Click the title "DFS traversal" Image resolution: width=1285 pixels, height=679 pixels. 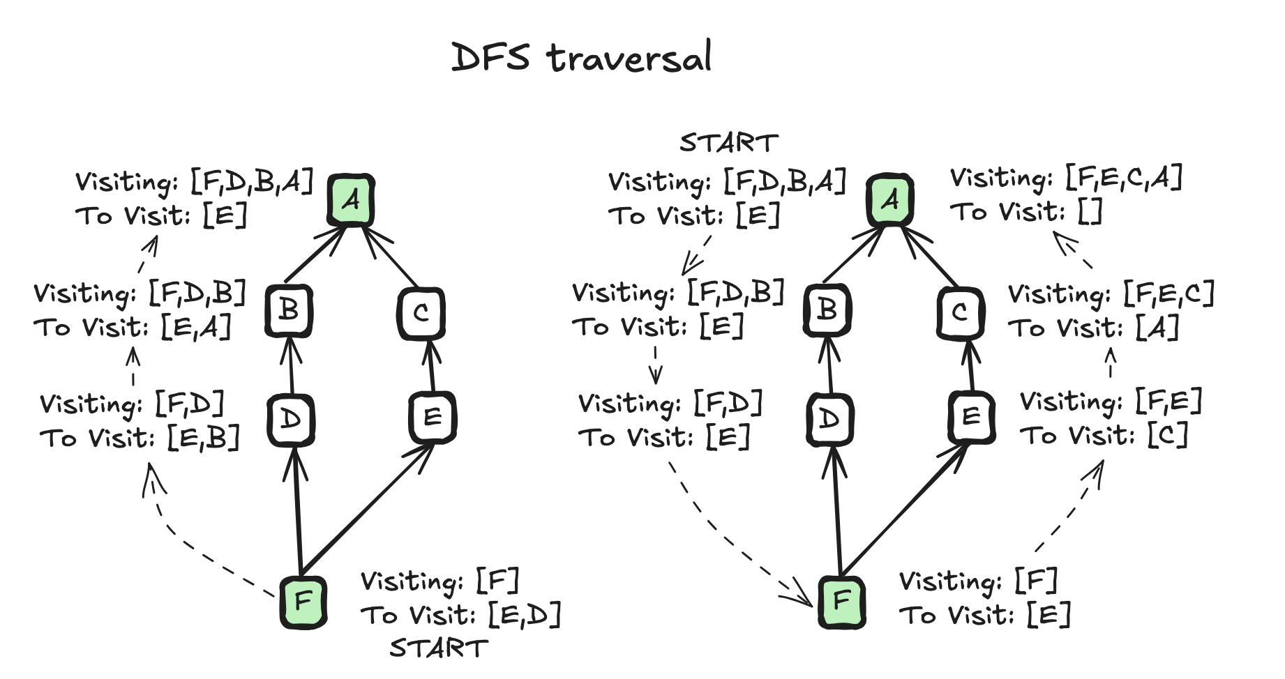point(581,57)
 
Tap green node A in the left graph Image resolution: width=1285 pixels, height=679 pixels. point(352,200)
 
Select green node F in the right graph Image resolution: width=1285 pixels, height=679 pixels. point(841,601)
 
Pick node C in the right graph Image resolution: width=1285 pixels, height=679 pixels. point(960,313)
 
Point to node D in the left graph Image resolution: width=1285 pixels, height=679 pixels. point(291,420)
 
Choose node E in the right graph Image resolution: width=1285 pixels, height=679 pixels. point(971,417)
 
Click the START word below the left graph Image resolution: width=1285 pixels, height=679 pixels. point(438,648)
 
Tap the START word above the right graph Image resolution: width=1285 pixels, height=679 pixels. point(728,143)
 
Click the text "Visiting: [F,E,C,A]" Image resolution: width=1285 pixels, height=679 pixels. point(1066,178)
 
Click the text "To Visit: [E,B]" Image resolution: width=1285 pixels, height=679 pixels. point(140,438)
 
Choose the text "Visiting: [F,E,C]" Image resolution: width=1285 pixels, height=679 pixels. point(1111,294)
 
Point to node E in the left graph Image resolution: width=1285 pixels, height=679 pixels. point(433,417)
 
